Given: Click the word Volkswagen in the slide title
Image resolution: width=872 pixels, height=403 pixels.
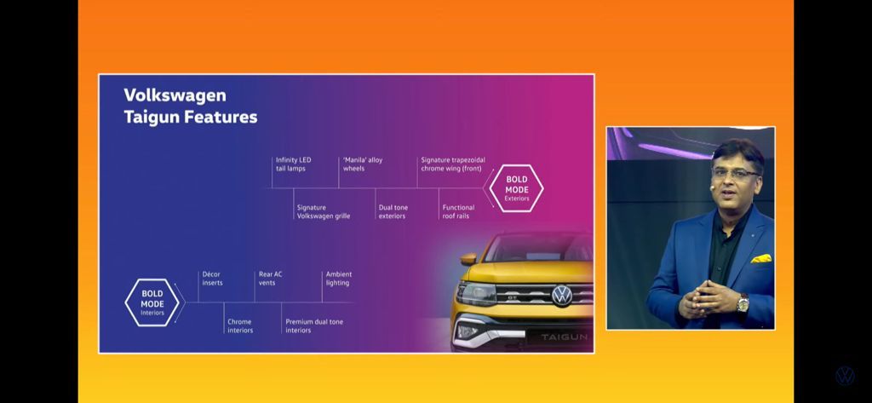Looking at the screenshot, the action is click(x=175, y=95).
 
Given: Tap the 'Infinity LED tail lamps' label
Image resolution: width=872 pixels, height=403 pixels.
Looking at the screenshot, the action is click(x=293, y=164).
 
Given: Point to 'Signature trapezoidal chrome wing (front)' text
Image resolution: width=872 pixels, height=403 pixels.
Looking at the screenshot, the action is click(x=453, y=164).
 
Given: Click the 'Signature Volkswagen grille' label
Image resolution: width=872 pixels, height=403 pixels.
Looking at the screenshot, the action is click(x=323, y=211).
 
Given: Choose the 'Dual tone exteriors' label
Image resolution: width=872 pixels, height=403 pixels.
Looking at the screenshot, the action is click(x=393, y=211).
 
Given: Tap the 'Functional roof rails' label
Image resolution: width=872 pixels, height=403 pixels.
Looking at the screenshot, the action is click(x=458, y=211).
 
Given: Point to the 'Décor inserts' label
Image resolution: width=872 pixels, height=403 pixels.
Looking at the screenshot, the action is click(x=212, y=279).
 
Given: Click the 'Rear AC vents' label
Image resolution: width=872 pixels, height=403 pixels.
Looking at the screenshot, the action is click(x=270, y=279).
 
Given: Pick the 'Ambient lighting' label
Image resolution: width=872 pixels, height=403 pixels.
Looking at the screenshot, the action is click(x=339, y=279).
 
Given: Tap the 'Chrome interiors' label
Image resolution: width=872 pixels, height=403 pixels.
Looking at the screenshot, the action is click(x=240, y=326).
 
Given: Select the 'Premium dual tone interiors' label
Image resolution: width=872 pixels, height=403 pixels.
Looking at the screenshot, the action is click(x=314, y=326).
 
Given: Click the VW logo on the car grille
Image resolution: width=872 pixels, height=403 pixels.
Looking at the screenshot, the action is click(x=562, y=295).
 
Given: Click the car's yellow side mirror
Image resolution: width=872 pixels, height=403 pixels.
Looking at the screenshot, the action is click(x=468, y=259).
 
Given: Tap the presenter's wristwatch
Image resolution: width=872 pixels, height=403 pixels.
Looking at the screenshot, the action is click(x=743, y=303).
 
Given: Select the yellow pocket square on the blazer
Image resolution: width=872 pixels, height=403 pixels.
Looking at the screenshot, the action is click(x=760, y=259).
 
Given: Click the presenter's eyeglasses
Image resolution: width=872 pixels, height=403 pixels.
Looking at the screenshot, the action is click(x=735, y=174).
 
